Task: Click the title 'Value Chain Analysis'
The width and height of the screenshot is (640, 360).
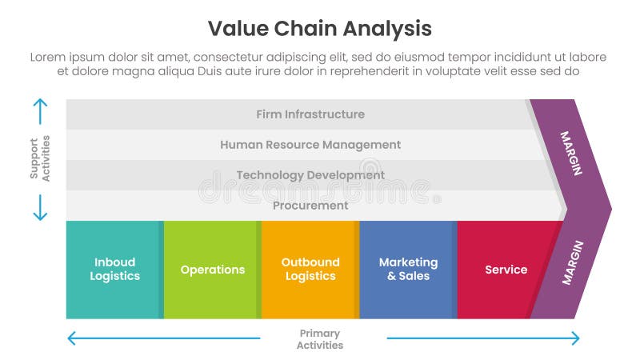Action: point(319,29)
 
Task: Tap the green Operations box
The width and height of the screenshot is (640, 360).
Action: point(212,270)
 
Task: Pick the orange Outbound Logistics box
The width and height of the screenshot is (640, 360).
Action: point(310,270)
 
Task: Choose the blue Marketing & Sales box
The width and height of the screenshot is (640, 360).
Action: point(408,270)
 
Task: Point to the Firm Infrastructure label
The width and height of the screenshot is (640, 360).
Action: point(310,114)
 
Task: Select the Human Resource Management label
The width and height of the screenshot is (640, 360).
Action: point(310,145)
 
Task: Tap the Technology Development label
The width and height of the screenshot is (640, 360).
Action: point(310,175)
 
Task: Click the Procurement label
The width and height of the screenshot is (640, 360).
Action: point(310,206)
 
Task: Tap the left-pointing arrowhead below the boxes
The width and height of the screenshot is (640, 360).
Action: point(71,338)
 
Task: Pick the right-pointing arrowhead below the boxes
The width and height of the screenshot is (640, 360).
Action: point(574,338)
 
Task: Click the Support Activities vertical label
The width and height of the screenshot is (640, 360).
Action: point(40,159)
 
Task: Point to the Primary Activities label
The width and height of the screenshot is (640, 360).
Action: point(320,339)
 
